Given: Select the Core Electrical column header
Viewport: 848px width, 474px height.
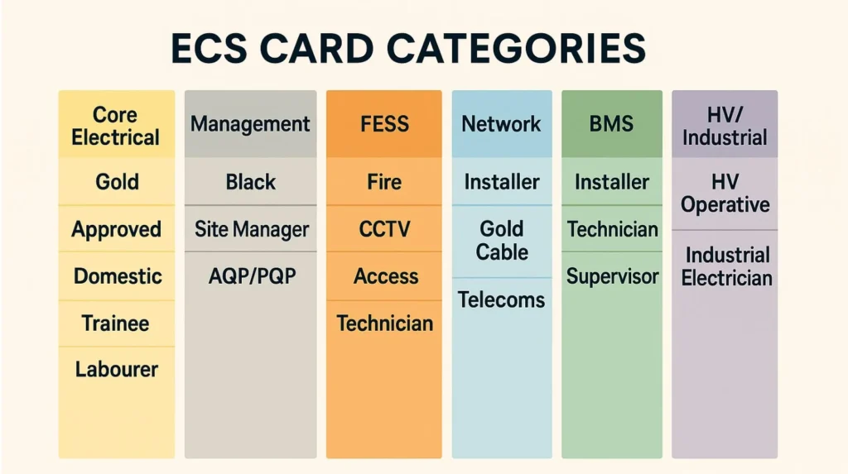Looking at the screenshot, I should [x=116, y=126].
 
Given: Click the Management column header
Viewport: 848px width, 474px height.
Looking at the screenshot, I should [x=250, y=124].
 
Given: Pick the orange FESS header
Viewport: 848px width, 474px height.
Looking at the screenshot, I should [x=384, y=124].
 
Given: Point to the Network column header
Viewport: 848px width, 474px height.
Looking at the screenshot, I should [x=501, y=124].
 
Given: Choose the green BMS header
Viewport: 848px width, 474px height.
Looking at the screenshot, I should [x=611, y=124].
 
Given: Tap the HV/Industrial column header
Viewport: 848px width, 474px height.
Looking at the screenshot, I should [x=725, y=126].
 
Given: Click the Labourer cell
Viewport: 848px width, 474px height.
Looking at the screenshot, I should [x=116, y=369].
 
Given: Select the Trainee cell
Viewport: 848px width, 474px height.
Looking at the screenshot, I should [x=116, y=323].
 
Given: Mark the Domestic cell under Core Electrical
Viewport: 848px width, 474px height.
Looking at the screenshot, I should [x=117, y=275].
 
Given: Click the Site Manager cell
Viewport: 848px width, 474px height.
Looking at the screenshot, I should [x=251, y=228].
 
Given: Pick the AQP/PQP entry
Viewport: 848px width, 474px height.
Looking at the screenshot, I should [x=251, y=275].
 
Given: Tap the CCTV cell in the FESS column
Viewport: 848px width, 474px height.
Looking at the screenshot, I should [x=384, y=228].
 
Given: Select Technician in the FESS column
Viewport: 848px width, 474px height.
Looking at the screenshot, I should [x=384, y=323].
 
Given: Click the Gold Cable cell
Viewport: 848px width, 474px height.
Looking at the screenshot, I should [x=501, y=240].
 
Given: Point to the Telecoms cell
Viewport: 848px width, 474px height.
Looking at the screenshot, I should [x=501, y=299].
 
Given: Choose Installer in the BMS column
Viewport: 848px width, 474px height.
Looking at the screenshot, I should [x=611, y=182].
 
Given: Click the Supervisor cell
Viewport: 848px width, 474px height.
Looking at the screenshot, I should [x=611, y=275].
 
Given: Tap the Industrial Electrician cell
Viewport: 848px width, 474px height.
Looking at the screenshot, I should [x=725, y=266].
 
